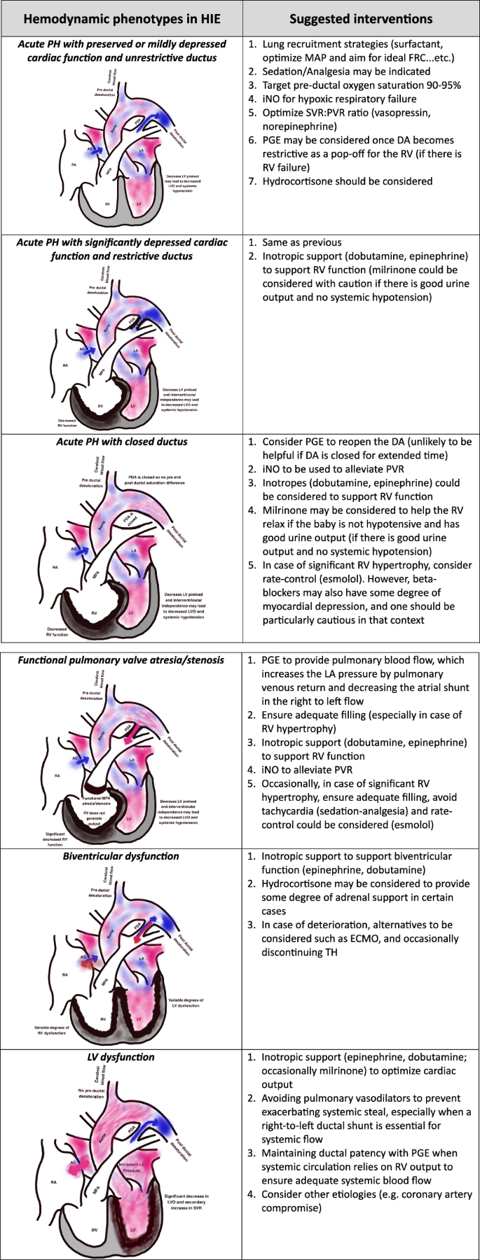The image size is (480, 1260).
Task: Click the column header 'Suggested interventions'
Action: pyautogui.click(x=362, y=18)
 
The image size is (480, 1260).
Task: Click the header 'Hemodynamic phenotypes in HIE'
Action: pyautogui.click(x=121, y=18)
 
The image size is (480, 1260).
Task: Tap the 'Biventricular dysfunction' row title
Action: pyautogui.click(x=121, y=856)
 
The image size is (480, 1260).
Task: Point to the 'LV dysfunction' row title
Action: pyautogui.click(x=121, y=1057)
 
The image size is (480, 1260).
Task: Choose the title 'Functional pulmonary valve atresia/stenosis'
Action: pyautogui.click(x=121, y=660)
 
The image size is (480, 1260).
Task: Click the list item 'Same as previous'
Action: pyautogui.click(x=302, y=242)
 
